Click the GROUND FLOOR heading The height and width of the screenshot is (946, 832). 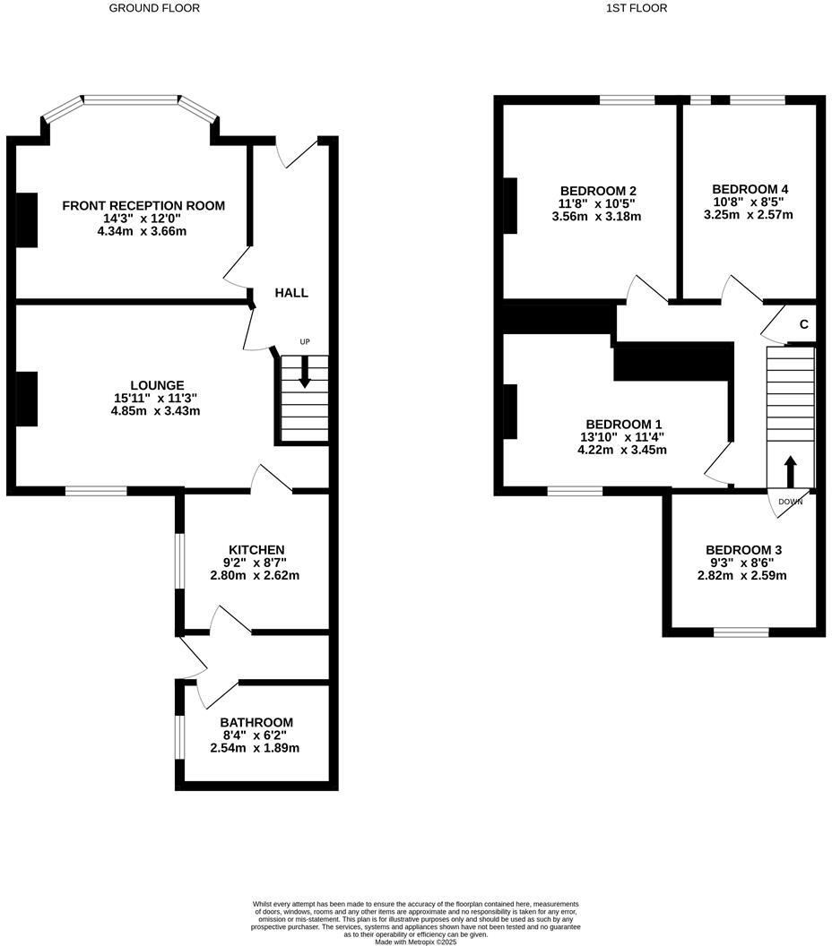tap(154, 8)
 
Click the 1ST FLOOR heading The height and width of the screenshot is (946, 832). tap(637, 8)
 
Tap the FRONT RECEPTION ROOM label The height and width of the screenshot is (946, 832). tap(143, 206)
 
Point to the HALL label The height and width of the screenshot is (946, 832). tap(291, 293)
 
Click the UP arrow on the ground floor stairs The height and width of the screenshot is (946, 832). tap(305, 372)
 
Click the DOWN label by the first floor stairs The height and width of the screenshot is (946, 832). tap(791, 502)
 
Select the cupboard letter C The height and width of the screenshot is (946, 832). tap(803, 324)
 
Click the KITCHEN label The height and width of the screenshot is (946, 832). tap(256, 549)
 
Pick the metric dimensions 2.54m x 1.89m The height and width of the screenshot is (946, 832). tap(255, 748)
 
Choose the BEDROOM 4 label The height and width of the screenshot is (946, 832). tap(750, 189)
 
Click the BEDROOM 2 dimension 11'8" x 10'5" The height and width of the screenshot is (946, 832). tap(597, 203)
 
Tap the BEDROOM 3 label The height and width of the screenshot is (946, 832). tap(743, 550)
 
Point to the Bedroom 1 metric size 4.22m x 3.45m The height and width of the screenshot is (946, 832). tap(622, 450)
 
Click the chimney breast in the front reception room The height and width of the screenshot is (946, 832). tap(27, 219)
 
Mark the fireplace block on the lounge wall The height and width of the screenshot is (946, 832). tap(27, 399)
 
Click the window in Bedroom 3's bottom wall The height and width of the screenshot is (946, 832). tap(741, 632)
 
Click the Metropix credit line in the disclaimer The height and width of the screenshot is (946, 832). tap(416, 942)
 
